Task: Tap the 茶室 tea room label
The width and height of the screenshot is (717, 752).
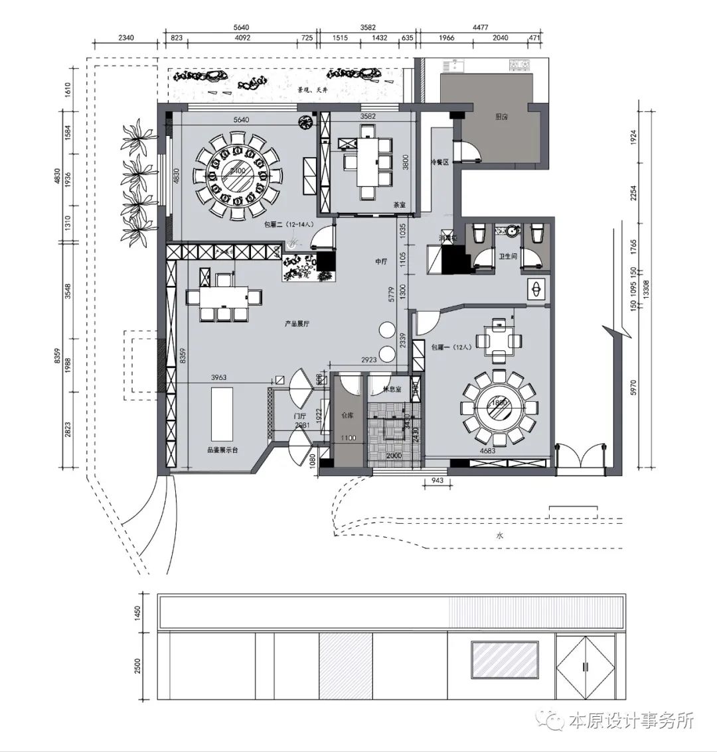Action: [x=400, y=205]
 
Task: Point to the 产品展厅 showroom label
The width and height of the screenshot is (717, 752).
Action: [x=297, y=324]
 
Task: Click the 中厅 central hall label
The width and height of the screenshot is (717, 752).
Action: [x=380, y=262]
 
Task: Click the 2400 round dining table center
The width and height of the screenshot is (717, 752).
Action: [x=236, y=171]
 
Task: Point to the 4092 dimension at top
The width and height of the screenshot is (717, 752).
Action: [x=242, y=38]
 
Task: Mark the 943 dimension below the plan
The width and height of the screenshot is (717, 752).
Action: [x=437, y=479]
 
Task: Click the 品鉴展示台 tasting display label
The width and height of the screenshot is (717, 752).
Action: [x=222, y=449]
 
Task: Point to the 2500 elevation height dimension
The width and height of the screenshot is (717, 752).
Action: [x=138, y=666]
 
